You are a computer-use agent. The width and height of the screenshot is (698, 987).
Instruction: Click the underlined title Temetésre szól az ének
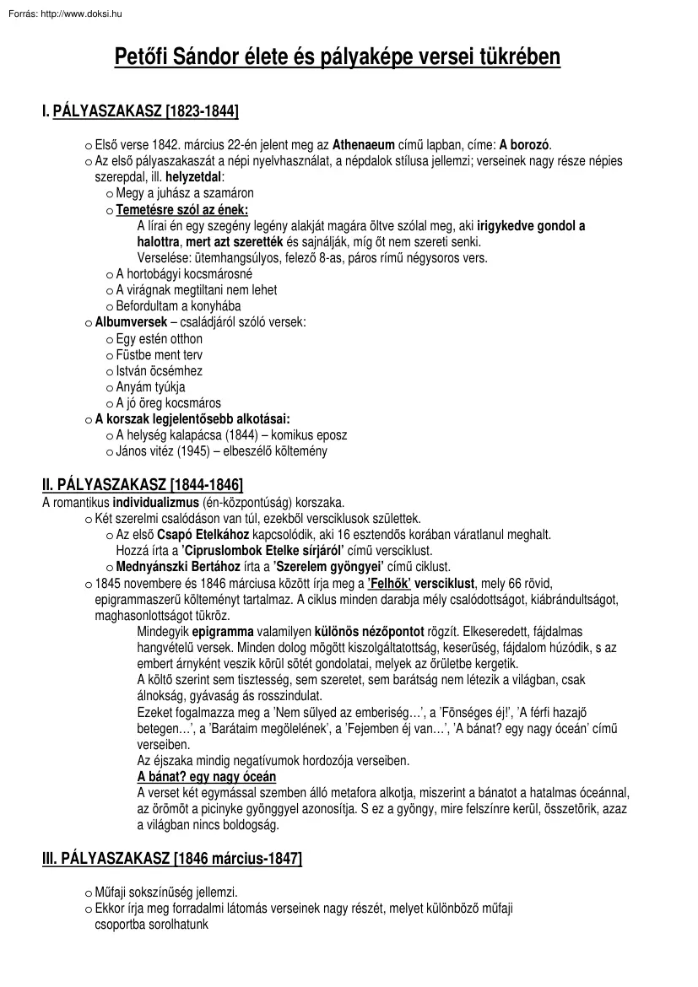[182, 210]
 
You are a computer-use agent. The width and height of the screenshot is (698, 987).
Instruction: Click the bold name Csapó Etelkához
[201, 534]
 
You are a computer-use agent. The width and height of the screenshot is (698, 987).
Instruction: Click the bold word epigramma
[217, 631]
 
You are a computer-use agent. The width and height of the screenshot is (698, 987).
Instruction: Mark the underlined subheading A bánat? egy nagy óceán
[206, 776]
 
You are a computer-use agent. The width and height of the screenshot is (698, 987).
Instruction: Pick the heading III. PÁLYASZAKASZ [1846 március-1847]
[171, 858]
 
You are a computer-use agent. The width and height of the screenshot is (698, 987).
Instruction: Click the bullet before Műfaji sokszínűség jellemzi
[89, 893]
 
